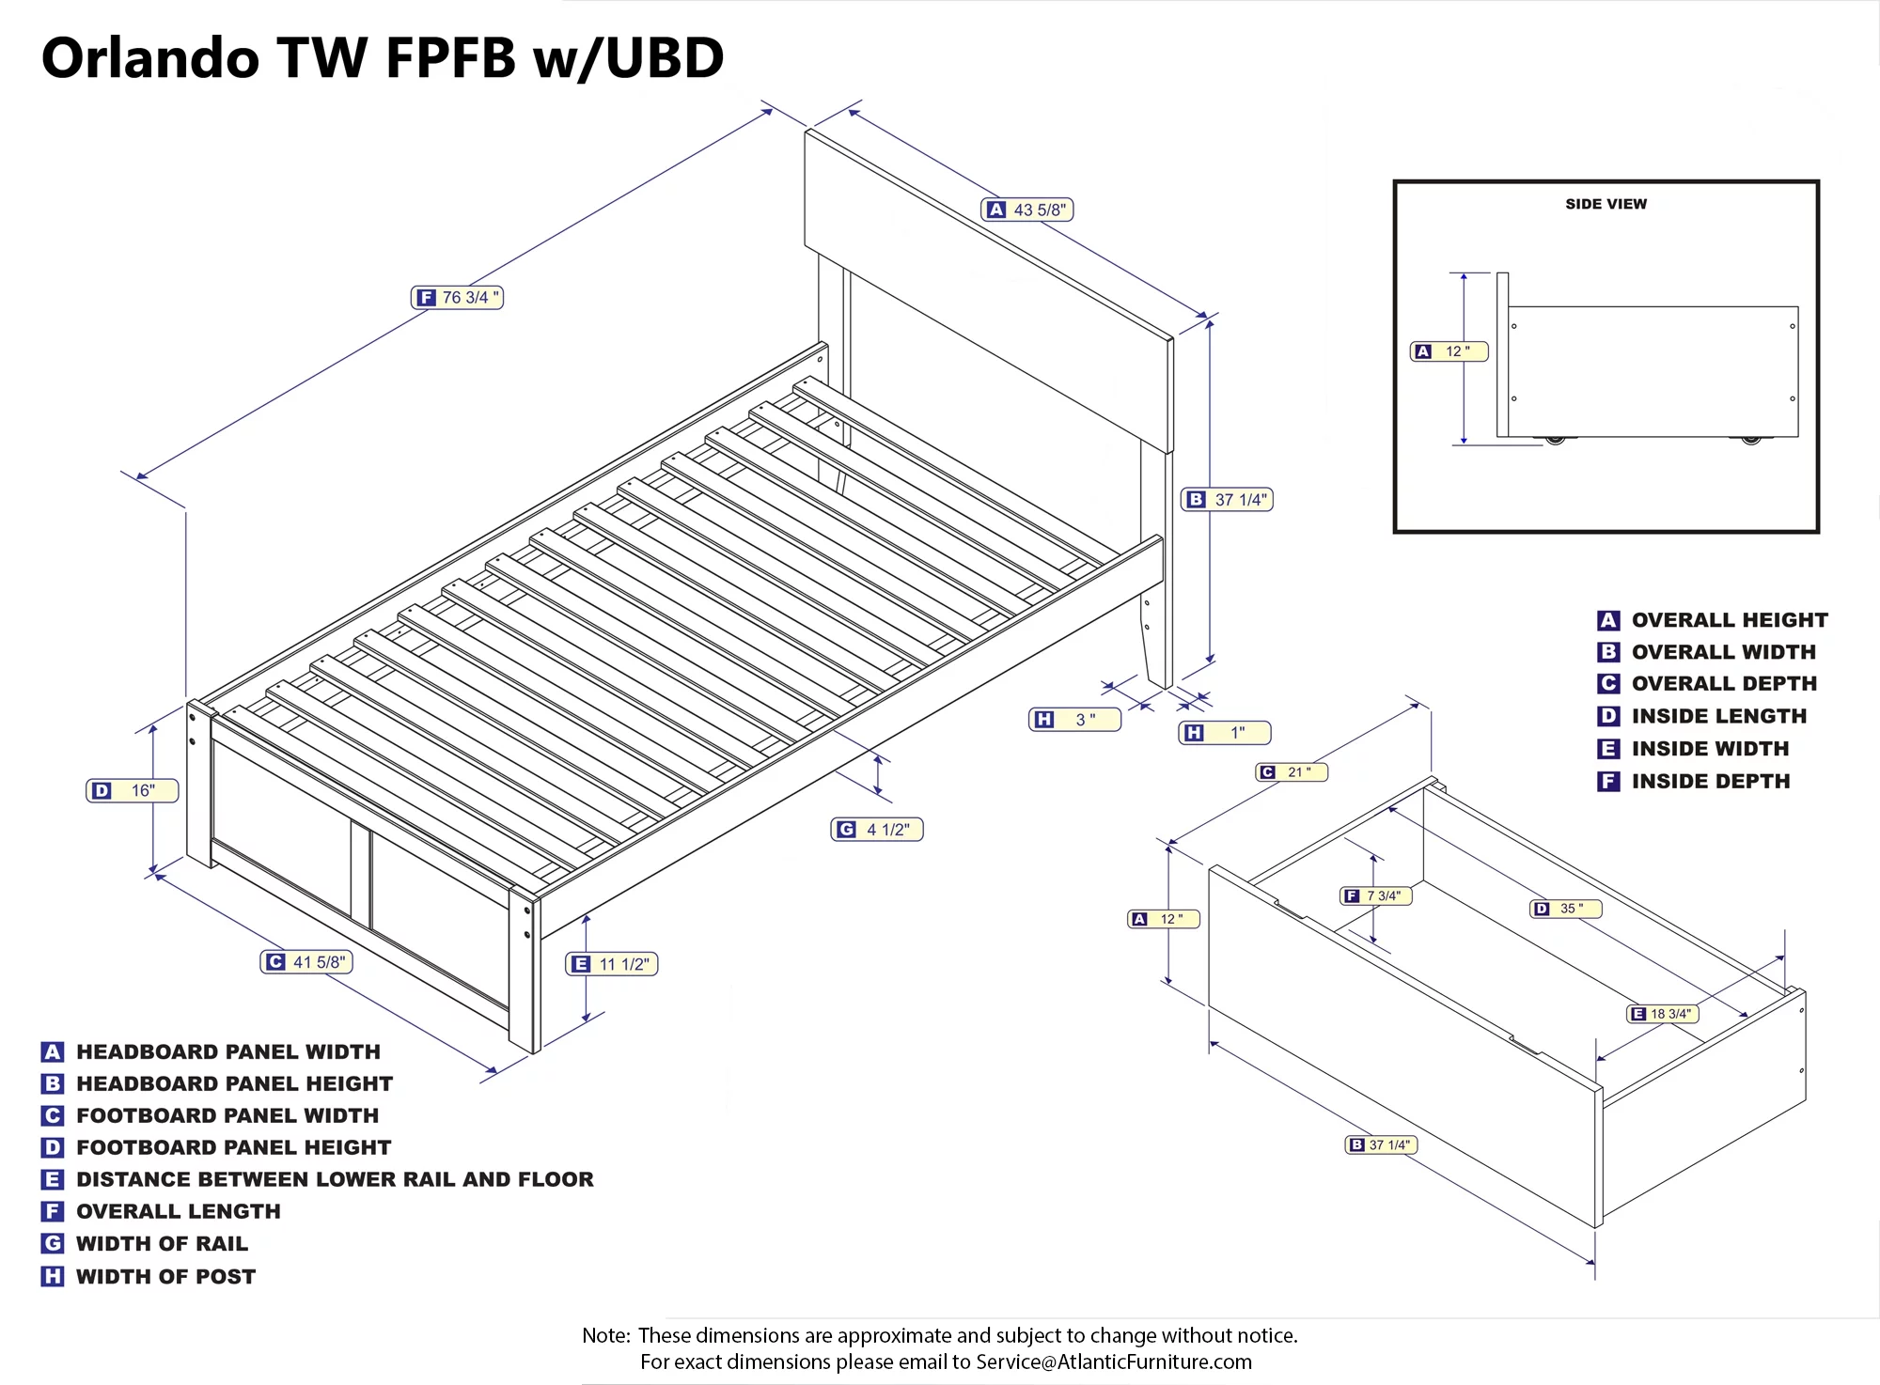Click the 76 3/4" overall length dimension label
point(458,298)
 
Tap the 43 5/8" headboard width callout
point(1026,210)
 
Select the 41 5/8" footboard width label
point(306,962)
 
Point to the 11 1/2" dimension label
point(612,964)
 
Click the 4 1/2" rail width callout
point(877,830)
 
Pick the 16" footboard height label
point(133,791)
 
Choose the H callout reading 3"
point(1075,720)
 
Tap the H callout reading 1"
point(1225,733)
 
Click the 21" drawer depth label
point(1292,772)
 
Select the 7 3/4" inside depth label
point(1376,896)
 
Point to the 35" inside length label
point(1566,909)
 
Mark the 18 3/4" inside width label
point(1663,1014)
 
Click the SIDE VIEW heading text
point(1606,204)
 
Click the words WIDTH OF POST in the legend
point(165,1276)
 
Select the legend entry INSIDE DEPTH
point(1710,781)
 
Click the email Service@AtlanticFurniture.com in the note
point(1113,1362)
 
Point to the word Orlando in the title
point(150,58)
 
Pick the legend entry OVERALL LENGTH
point(178,1211)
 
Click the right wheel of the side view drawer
point(1750,440)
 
